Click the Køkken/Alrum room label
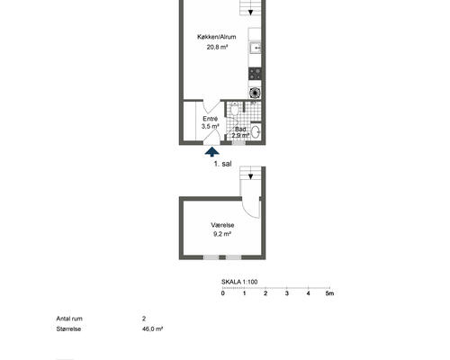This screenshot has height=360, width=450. tap(216, 37)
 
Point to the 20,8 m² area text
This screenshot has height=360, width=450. tap(217, 47)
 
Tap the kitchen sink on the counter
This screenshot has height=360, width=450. tap(255, 48)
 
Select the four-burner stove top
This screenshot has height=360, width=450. tap(255, 74)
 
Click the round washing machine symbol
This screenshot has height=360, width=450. tap(255, 93)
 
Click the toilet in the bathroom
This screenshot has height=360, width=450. tap(235, 109)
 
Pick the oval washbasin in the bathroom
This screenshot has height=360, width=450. tap(256, 132)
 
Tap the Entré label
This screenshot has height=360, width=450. tap(210, 119)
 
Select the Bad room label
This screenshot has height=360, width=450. tap(240, 130)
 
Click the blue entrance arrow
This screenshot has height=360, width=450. tap(211, 151)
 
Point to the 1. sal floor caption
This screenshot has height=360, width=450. tap(222, 164)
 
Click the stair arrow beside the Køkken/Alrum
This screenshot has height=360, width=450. tap(250, 13)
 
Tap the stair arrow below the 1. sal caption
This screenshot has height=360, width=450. tap(250, 177)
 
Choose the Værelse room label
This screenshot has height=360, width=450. tap(222, 225)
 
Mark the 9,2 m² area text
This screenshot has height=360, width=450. tap(222, 234)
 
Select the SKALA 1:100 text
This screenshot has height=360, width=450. tap(239, 282)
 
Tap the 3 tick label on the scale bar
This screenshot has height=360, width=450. tap(287, 293)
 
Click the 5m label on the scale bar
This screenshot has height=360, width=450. tap(329, 293)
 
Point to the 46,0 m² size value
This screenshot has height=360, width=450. tap(152, 328)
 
